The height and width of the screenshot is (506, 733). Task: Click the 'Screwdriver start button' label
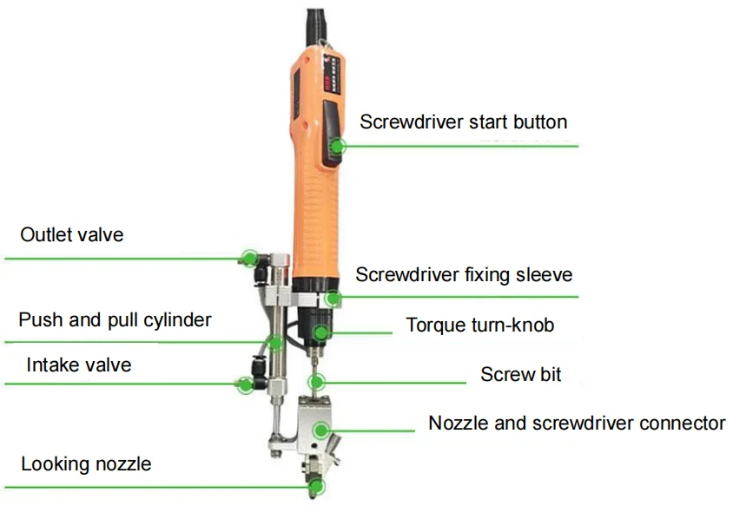tap(463, 122)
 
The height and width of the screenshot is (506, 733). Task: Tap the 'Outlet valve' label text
tap(72, 235)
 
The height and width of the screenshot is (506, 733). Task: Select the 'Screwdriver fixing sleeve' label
tap(464, 275)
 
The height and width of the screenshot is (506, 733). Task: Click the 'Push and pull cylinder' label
tap(115, 320)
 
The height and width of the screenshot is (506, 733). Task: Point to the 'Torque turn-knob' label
tap(479, 325)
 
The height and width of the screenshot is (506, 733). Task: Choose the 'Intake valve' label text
tap(78, 365)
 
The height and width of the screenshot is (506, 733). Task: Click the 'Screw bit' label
tap(520, 375)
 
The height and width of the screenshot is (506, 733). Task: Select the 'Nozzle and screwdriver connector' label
tap(576, 424)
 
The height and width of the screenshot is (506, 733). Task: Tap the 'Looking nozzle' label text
tap(86, 464)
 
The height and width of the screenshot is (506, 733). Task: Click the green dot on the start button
tap(339, 146)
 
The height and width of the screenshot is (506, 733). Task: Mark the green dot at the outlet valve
tap(249, 257)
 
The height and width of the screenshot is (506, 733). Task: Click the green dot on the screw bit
tap(318, 381)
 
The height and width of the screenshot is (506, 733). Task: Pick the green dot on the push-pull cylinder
tap(275, 342)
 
